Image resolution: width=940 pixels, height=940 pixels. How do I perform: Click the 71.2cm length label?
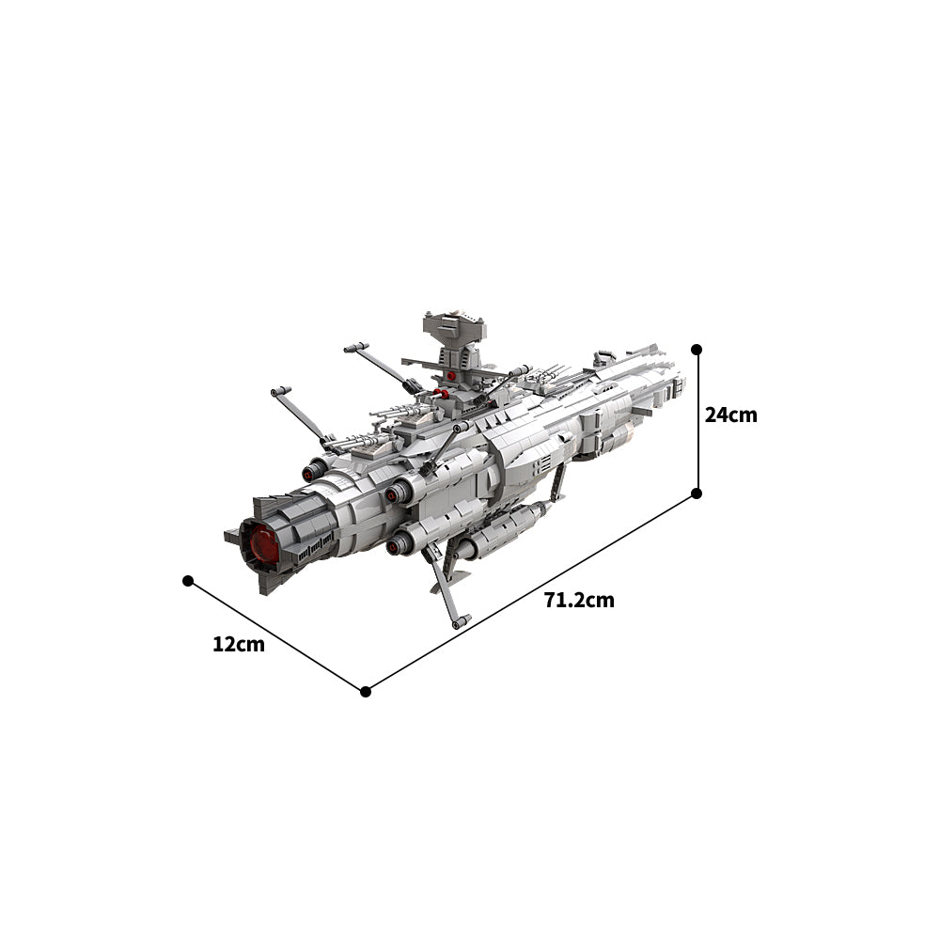point(579,600)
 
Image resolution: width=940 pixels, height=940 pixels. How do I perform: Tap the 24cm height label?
point(730,415)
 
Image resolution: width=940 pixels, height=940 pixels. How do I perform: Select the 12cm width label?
point(239,645)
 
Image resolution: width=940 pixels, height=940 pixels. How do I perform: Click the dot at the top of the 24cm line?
point(696,349)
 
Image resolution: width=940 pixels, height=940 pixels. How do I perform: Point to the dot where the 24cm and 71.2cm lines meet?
point(696,493)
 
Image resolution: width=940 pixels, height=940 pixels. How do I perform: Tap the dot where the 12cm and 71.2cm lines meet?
point(366,692)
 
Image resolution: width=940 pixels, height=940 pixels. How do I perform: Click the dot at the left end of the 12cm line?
point(188,580)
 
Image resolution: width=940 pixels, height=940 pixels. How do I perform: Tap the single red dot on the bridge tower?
point(451,375)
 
